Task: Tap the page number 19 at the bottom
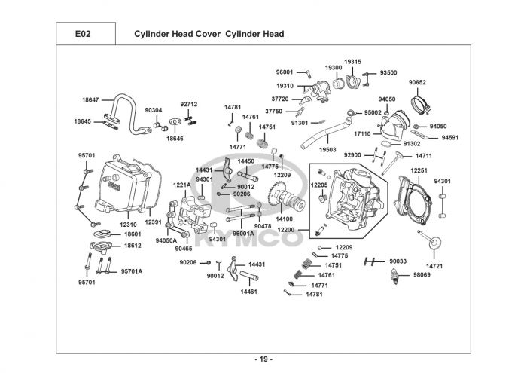tap(263, 358)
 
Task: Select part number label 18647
tap(91, 99)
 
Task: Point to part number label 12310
tap(129, 224)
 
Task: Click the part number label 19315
tap(353, 61)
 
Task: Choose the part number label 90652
tap(418, 82)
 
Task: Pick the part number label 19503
tap(327, 150)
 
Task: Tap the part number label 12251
tap(419, 171)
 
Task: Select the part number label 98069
tap(422, 277)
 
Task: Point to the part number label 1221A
tap(182, 185)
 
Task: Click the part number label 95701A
tap(132, 271)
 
